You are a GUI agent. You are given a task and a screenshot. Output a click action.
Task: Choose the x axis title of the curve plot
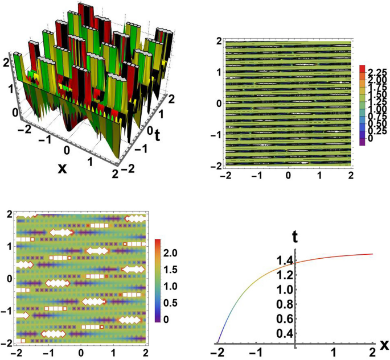[x=384, y=345]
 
